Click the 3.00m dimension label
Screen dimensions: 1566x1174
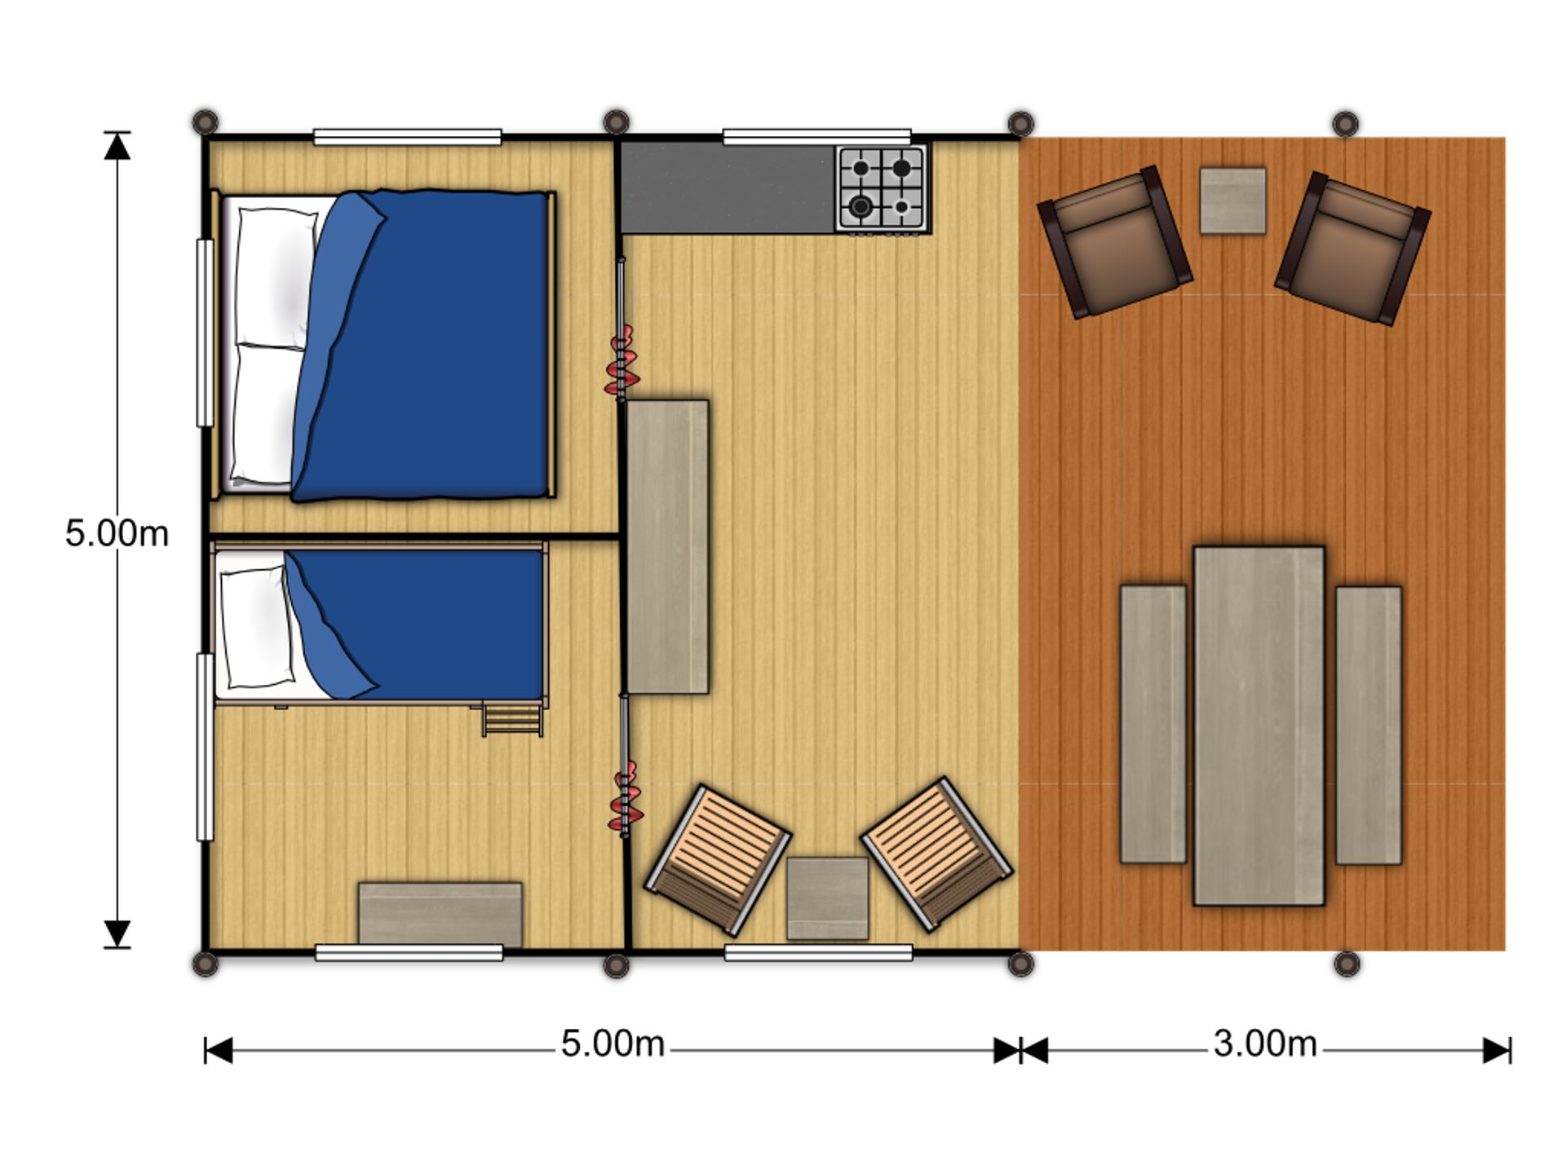pos(1265,1044)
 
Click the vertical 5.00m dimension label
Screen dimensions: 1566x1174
pos(117,533)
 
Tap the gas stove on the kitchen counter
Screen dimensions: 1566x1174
pos(882,188)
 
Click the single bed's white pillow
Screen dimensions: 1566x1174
pos(257,627)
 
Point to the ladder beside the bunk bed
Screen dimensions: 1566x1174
pos(512,717)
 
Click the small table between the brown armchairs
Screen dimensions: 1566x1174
pos(1232,201)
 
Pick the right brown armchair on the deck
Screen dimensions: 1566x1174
pos(1352,247)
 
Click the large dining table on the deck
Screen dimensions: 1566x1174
pos(1259,726)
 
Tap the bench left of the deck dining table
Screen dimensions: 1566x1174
pos(1152,723)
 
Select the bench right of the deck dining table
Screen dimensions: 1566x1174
pos(1369,725)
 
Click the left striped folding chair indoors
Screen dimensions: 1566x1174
pos(718,859)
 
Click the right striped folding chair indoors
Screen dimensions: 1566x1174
pos(937,854)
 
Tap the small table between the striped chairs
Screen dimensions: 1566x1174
pos(827,898)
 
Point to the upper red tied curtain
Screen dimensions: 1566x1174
pos(622,363)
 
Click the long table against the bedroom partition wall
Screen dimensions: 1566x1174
pos(667,546)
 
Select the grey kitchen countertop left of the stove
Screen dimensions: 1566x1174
pos(728,188)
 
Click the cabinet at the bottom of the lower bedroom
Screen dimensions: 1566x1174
pos(440,915)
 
